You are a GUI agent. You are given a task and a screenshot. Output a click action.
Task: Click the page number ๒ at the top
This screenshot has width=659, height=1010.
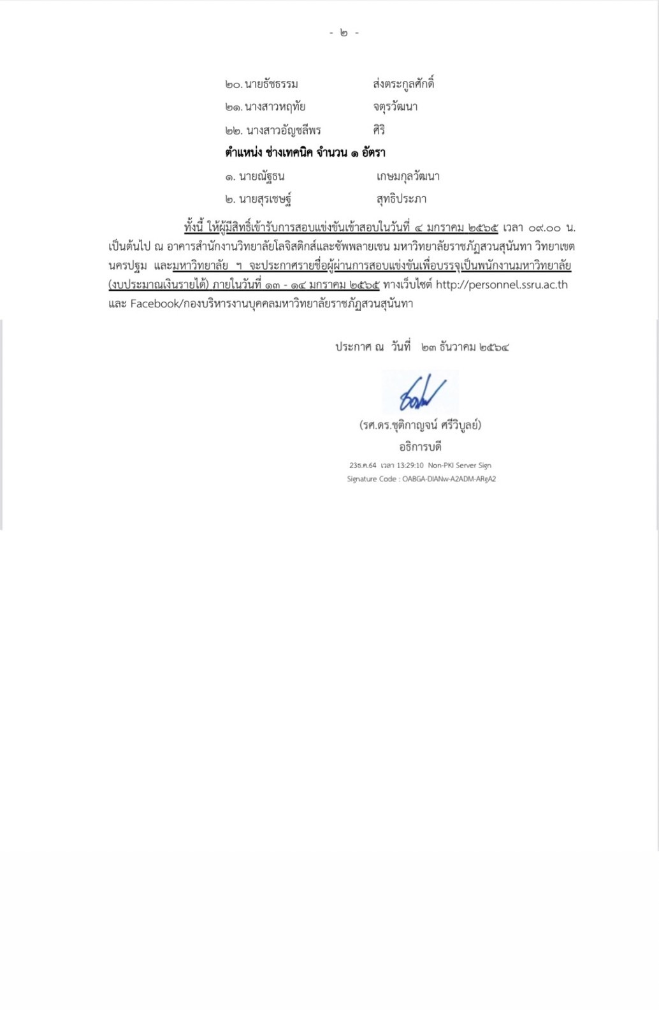point(344,33)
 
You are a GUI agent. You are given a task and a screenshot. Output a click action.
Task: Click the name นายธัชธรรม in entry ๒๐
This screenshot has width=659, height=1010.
point(271,84)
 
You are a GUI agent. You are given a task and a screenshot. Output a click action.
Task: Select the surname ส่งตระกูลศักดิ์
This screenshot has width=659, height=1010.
point(403,84)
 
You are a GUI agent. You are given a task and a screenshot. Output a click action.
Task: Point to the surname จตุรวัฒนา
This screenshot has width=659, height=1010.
point(395,106)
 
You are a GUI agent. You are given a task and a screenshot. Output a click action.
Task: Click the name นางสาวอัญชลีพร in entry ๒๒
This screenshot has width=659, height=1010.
point(283,131)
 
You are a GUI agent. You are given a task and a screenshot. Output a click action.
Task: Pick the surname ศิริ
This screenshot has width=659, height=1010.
point(379,130)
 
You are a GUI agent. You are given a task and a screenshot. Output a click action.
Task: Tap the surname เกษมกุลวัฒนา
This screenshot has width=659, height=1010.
point(408,177)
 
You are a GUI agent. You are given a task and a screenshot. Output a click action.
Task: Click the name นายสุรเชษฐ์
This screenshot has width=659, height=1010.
point(265,200)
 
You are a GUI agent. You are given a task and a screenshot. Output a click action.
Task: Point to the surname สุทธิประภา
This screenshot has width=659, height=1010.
point(402,199)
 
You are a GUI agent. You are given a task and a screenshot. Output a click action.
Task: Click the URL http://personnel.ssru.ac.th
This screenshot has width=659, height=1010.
point(502,285)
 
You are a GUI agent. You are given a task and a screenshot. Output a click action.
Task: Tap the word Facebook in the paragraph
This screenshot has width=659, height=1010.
point(155,304)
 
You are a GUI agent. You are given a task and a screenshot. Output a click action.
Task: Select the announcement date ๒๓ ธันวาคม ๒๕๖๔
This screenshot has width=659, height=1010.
point(465,348)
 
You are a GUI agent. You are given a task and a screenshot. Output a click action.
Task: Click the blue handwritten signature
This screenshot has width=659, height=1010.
point(421,393)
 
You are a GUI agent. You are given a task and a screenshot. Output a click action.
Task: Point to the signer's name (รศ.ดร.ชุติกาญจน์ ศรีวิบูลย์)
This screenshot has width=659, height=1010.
point(420,425)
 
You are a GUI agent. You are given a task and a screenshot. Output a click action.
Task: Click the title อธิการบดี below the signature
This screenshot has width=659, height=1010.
point(420,446)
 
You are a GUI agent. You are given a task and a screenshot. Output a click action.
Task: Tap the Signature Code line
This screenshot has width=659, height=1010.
point(421,479)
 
